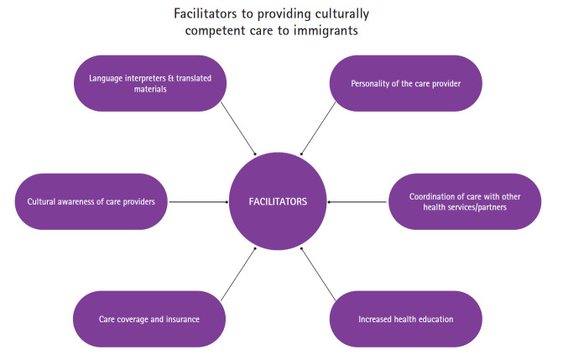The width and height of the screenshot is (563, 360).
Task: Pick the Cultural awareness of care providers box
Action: tap(91, 201)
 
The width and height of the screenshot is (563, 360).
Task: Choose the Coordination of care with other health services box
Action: tap(465, 201)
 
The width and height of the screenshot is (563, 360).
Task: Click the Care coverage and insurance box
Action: tap(149, 320)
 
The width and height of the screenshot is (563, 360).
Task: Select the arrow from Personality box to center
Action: tap(319, 133)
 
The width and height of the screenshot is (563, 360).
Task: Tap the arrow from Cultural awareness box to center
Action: tap(198, 201)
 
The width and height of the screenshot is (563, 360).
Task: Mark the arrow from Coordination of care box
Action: tap(358, 201)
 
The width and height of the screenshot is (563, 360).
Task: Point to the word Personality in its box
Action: tap(362, 84)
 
